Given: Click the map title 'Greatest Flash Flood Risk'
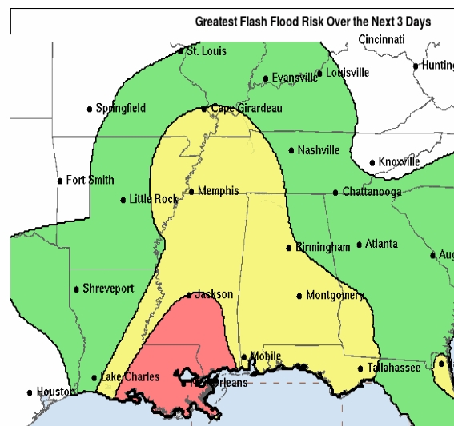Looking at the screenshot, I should click(313, 22).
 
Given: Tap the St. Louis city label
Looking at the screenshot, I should click(206, 51).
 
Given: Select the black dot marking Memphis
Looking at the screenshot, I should click(191, 191).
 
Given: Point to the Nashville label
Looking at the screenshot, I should click(319, 150).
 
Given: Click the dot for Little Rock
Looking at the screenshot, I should click(123, 200).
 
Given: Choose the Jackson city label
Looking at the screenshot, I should click(214, 294).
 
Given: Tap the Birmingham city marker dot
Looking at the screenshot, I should click(289, 248).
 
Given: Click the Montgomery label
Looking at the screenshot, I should click(335, 296).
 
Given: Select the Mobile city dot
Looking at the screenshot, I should click(244, 357).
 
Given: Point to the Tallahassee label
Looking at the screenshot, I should click(394, 368).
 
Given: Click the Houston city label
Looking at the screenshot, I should click(54, 392).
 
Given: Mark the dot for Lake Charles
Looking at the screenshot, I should click(94, 378).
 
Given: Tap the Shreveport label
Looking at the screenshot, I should click(108, 289).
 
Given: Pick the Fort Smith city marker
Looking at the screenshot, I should click(60, 181).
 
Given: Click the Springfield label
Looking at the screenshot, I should click(121, 108).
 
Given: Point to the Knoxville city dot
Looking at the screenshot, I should click(372, 163).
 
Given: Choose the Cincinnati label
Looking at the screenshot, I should click(382, 39).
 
